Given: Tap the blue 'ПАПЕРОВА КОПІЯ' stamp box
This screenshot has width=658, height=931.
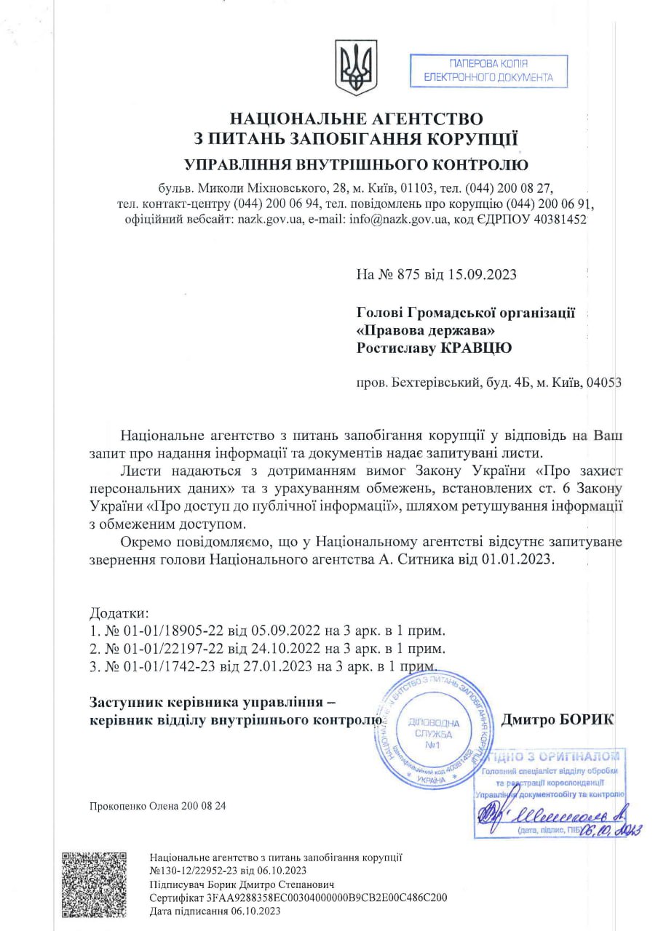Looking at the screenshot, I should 488,71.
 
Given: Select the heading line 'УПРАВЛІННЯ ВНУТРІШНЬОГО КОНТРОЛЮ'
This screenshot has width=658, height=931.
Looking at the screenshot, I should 356,164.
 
